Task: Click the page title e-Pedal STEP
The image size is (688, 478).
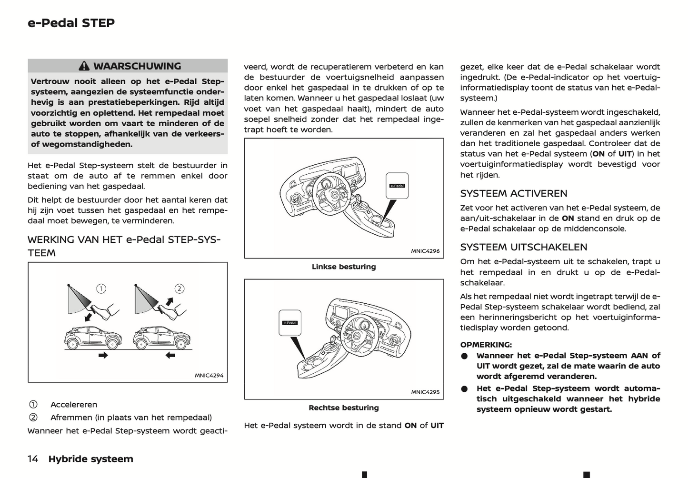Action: (x=71, y=23)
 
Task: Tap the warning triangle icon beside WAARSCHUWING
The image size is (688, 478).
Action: (x=84, y=66)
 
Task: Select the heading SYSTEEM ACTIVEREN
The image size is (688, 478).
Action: (x=513, y=193)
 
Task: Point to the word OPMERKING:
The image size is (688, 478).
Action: (x=486, y=345)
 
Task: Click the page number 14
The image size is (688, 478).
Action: (x=33, y=459)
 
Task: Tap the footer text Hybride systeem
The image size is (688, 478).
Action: (x=90, y=459)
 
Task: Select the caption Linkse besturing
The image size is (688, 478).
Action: (x=343, y=267)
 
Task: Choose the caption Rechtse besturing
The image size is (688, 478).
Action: (x=343, y=408)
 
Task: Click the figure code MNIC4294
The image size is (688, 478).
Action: (x=209, y=375)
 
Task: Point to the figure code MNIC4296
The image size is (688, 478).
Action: (x=425, y=251)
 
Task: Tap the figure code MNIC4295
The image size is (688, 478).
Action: (x=425, y=392)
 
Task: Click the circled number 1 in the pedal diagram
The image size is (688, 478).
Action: (x=101, y=289)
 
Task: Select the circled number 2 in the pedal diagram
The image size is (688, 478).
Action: (x=179, y=289)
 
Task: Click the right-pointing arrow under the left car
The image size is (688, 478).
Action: (x=103, y=355)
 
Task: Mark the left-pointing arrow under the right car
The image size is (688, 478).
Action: (x=170, y=355)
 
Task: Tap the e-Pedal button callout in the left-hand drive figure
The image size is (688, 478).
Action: (x=397, y=186)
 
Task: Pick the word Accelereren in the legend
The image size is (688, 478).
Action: (x=74, y=405)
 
